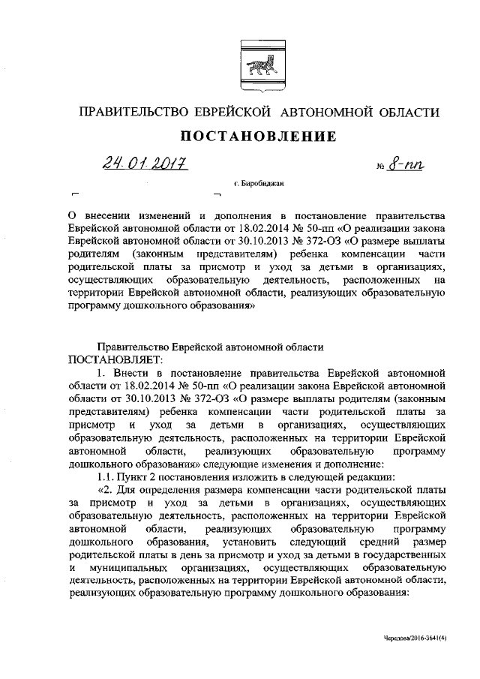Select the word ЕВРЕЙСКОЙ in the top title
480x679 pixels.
(242, 113)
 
